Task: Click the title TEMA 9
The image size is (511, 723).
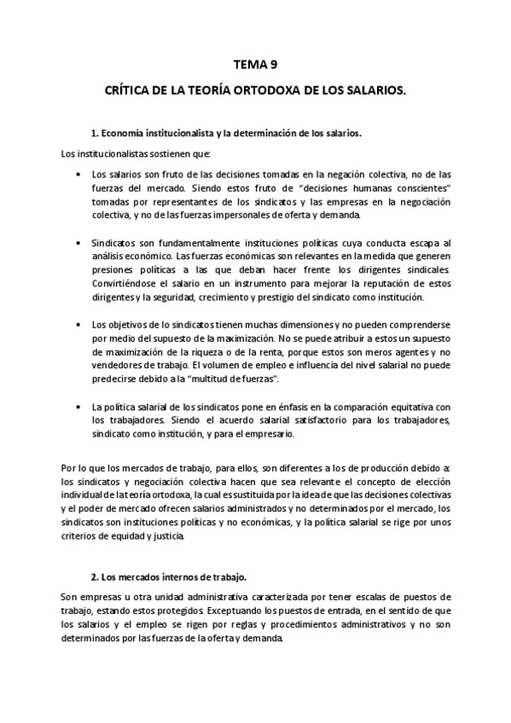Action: click(255, 63)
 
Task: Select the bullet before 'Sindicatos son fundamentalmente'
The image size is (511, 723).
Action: click(78, 242)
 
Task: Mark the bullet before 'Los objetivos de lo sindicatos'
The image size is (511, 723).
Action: click(78, 324)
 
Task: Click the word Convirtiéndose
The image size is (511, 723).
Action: click(123, 283)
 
